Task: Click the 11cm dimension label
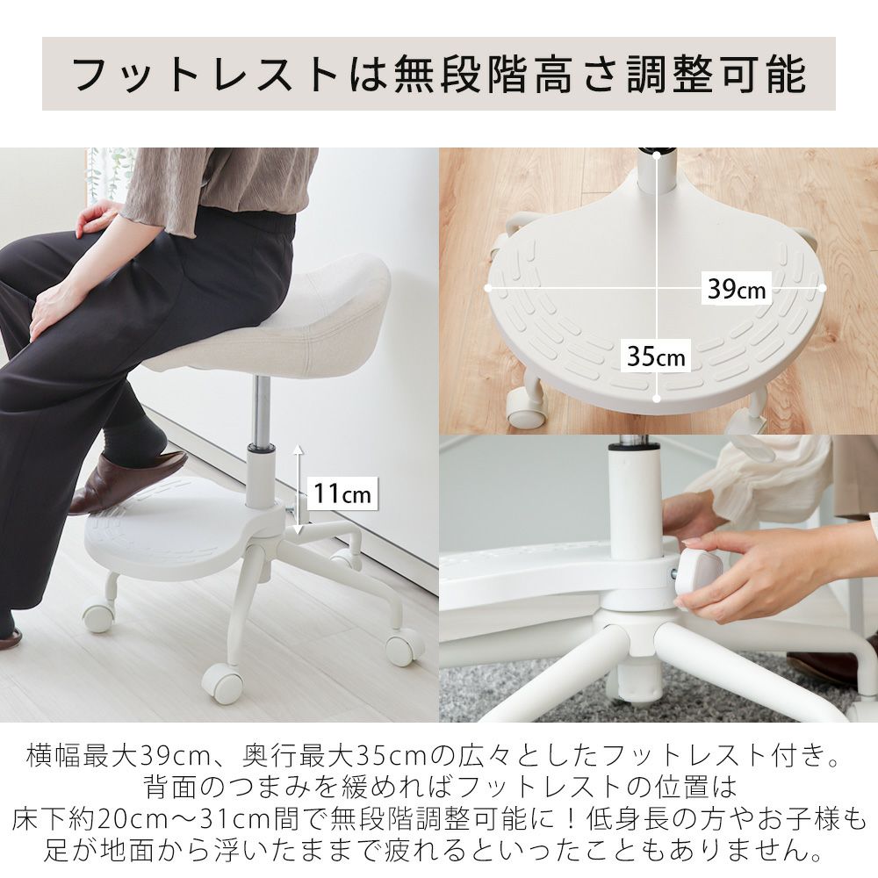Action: (x=342, y=493)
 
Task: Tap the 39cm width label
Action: (x=736, y=288)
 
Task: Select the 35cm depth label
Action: (x=656, y=356)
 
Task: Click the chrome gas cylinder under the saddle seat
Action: (x=262, y=410)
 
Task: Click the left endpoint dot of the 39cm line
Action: (x=488, y=288)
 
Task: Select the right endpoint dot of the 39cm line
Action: (x=822, y=288)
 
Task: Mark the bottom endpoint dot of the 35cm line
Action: (x=657, y=399)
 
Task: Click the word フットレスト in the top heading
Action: (x=204, y=74)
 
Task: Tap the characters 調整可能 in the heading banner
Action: (x=716, y=74)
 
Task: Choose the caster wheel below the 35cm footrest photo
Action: (x=525, y=406)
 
